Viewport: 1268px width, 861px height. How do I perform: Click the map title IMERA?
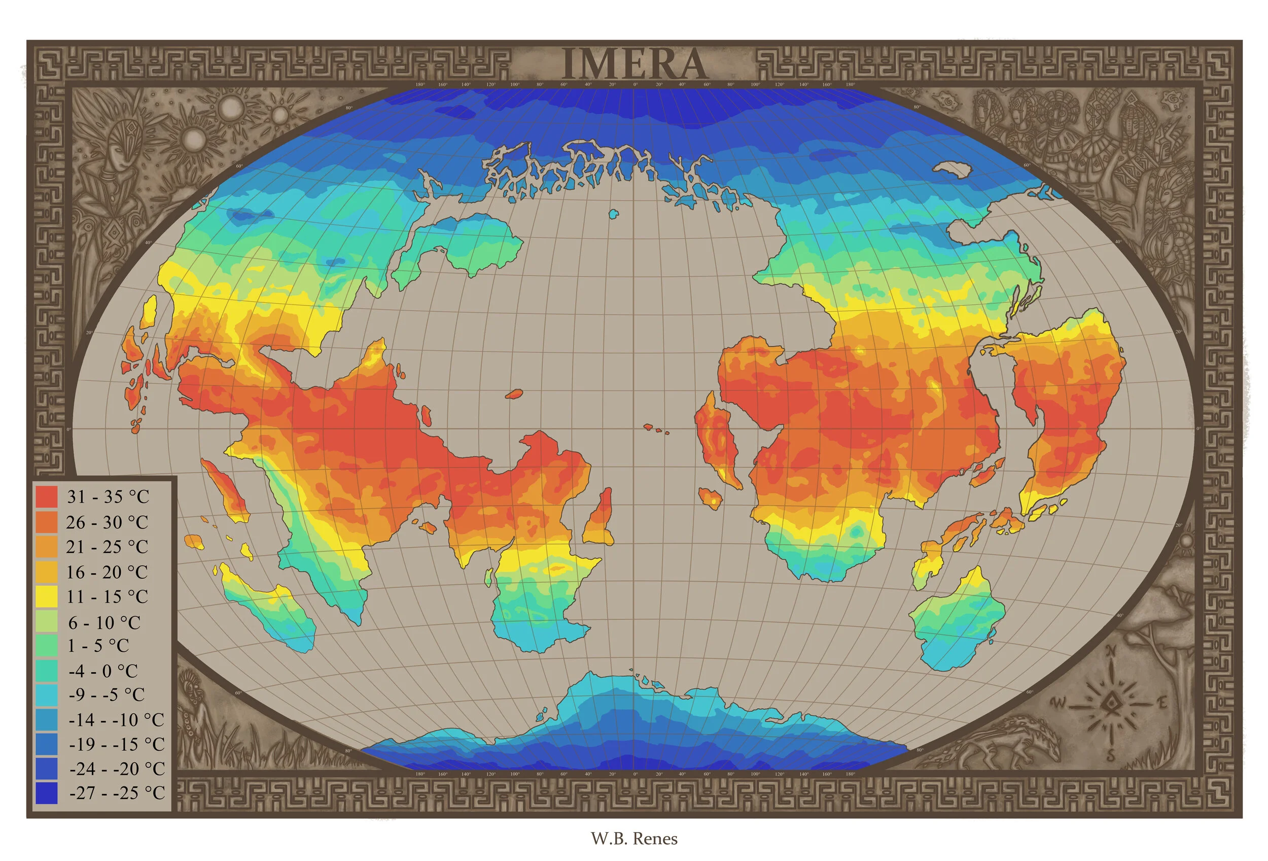634,64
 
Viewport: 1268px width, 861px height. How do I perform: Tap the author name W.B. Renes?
634,839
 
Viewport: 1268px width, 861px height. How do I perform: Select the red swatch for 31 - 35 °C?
46,497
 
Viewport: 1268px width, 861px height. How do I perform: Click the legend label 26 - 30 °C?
107,522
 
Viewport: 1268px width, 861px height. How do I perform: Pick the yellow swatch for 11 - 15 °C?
46,597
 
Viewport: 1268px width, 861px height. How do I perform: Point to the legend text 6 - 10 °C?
104,622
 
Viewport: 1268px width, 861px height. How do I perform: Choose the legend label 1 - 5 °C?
98,646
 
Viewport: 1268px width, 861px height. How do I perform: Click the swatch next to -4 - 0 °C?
46,671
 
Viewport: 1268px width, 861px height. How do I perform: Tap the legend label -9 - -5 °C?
107,695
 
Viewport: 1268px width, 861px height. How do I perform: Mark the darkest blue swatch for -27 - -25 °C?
46,793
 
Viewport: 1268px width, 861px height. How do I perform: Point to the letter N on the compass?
1110,651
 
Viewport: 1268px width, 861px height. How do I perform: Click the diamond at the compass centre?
1110,703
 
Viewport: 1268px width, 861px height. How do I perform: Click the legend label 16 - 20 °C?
107,572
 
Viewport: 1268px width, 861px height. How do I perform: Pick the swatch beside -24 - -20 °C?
46,769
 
